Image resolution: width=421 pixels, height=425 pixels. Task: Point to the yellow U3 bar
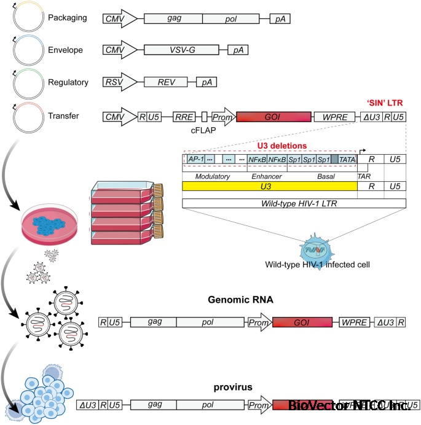[270, 186]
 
